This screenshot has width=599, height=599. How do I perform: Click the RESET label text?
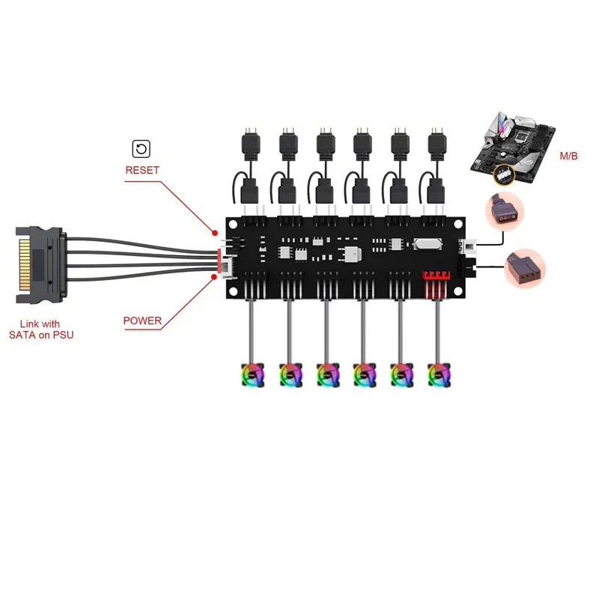coord(142,170)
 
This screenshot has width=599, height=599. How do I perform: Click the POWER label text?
coord(142,320)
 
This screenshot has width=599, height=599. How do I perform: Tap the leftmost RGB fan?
coord(251,374)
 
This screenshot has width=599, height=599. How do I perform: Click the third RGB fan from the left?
coord(326,374)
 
